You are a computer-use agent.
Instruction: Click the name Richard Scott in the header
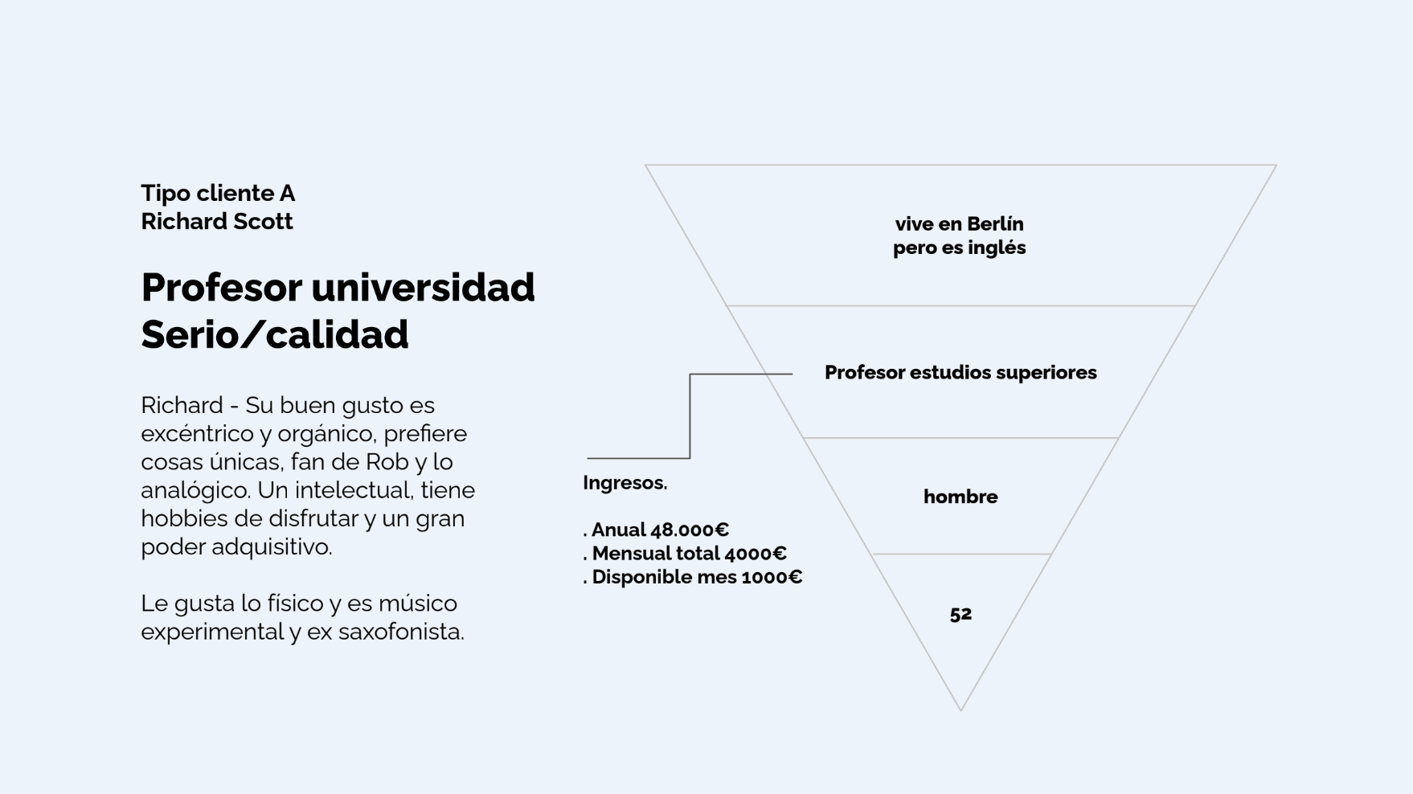click(x=217, y=221)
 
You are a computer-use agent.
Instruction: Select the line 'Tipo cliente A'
click(x=218, y=193)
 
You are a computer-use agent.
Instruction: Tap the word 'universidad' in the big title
click(x=423, y=287)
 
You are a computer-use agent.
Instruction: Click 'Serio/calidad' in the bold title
click(x=275, y=334)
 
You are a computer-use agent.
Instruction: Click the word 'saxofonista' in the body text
click(x=401, y=632)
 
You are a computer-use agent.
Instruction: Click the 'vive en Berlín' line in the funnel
click(x=960, y=223)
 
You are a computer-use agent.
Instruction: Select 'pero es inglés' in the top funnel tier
click(x=960, y=248)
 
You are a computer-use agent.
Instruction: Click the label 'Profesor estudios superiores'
click(x=960, y=372)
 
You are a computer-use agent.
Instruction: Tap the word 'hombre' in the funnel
click(x=960, y=497)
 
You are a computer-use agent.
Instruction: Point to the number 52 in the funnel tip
click(x=960, y=614)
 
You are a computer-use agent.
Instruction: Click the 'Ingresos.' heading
click(x=625, y=483)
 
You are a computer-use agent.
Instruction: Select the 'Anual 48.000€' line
click(x=656, y=530)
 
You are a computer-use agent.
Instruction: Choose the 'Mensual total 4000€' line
click(x=685, y=553)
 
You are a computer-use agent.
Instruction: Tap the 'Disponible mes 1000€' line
click(x=693, y=577)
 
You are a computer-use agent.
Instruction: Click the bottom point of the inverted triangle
click(x=960, y=710)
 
